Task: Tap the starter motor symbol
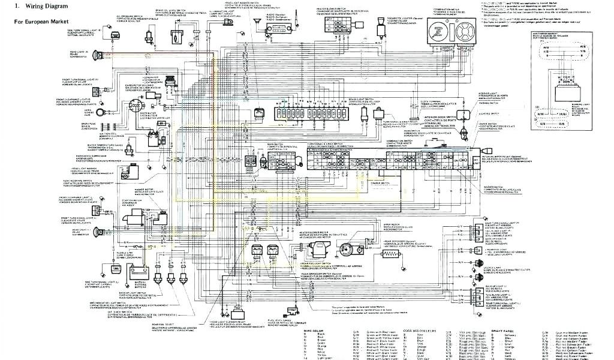point(148,214)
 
